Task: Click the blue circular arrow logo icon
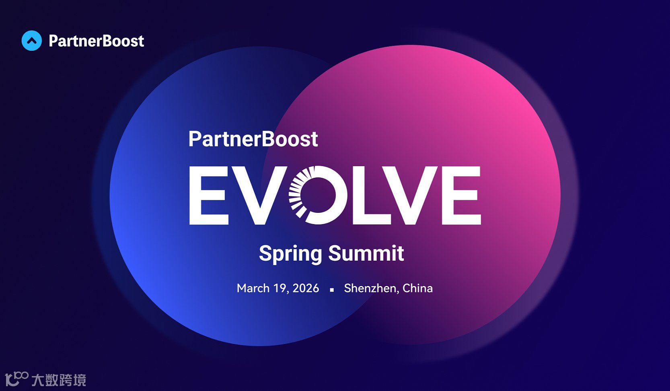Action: (31, 41)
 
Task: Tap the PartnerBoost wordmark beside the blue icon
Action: (96, 41)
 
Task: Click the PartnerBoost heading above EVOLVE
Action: (253, 139)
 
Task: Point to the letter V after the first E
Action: (258, 195)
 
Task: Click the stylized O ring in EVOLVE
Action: (318, 195)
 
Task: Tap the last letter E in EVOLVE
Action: (462, 195)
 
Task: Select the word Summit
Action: (366, 253)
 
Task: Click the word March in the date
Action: (253, 288)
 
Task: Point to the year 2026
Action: (306, 288)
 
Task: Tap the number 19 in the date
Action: (280, 288)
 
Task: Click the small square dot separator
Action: (332, 290)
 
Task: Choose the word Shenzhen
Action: (370, 288)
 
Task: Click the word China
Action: (417, 288)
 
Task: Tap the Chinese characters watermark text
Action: (59, 380)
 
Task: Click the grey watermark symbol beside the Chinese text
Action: (16, 379)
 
